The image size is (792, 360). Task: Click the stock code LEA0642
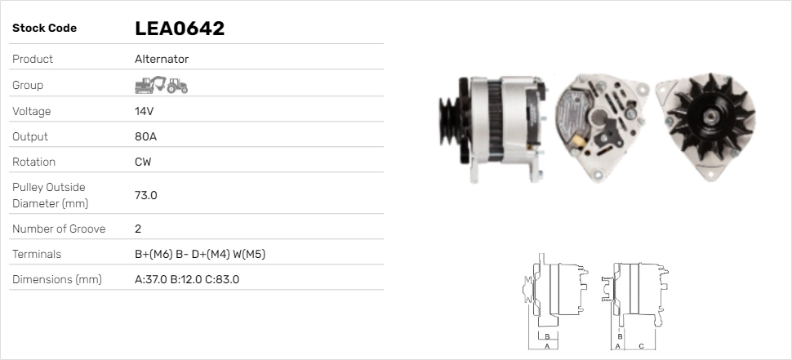180,29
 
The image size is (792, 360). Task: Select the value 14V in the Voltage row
145,111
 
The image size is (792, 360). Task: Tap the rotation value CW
143,162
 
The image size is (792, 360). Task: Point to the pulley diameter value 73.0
145,195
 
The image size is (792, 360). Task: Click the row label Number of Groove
59,229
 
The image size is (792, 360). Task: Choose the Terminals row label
37,254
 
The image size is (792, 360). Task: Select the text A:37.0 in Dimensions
150,279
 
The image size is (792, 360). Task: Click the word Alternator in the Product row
162,59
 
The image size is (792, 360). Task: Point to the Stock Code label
44,29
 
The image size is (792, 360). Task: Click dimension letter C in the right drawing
641,346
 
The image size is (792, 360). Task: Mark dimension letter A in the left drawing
546,346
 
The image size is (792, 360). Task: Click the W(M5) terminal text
249,254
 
